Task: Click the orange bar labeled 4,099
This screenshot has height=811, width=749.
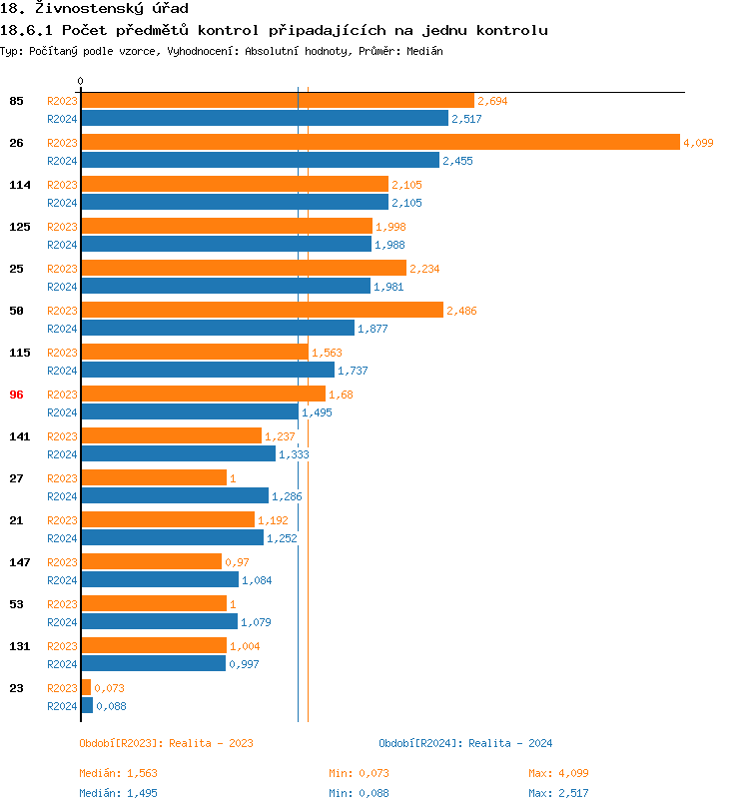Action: pos(379,143)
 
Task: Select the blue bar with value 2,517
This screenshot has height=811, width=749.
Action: pos(265,119)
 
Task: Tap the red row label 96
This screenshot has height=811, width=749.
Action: pos(16,395)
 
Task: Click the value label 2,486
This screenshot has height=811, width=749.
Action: pos(462,311)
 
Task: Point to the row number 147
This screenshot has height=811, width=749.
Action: pos(19,562)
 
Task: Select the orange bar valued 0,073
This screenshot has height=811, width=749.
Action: pos(86,688)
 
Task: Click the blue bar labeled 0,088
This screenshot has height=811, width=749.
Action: pos(87,706)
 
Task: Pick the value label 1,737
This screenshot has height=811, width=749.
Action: pos(353,371)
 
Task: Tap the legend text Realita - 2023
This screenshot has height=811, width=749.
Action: pos(211,743)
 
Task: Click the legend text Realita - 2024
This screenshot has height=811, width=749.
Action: pos(510,743)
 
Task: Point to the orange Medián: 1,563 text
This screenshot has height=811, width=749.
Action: pos(119,773)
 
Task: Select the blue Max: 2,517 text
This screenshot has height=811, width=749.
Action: pos(558,793)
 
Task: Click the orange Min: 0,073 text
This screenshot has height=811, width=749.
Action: pos(359,773)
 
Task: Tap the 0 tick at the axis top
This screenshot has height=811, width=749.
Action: pos(81,81)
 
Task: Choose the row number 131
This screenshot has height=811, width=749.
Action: pos(19,646)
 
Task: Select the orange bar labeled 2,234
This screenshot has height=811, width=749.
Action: pos(244,269)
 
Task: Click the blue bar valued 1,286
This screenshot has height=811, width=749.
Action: pos(175,496)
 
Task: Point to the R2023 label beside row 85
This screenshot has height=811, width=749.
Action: pos(62,101)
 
